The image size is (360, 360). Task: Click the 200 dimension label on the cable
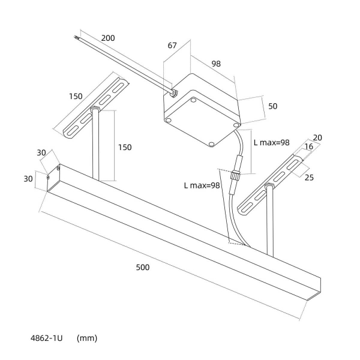click(108, 38)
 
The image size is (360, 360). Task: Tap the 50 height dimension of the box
click(272, 106)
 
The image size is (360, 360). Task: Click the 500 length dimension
click(142, 267)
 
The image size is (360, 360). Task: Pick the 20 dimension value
click(317, 137)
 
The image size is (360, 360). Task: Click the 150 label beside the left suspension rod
click(125, 147)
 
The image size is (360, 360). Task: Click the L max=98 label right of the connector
click(272, 143)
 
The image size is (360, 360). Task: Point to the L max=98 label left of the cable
click(202, 185)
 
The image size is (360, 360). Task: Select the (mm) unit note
click(87, 338)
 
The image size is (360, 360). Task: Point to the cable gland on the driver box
click(172, 92)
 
